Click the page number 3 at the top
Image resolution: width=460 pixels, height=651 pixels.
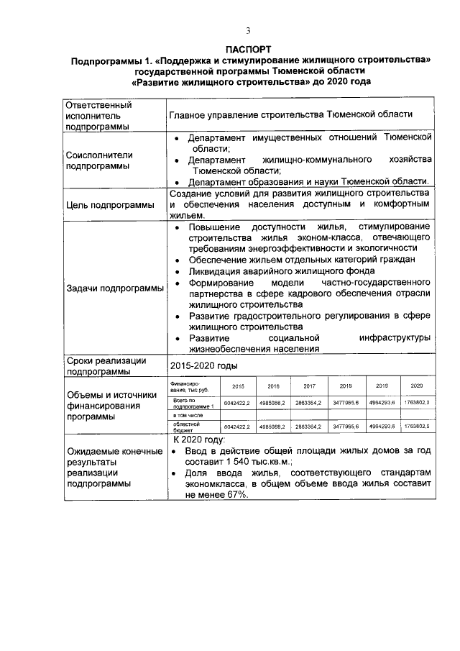click(x=248, y=30)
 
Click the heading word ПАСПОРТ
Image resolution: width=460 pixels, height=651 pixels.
click(x=248, y=50)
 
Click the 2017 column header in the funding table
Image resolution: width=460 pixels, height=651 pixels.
click(x=309, y=386)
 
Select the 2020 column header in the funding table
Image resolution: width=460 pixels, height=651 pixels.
click(x=416, y=386)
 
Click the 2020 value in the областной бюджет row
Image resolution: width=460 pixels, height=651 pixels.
click(x=416, y=427)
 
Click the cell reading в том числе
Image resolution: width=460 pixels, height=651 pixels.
click(x=188, y=415)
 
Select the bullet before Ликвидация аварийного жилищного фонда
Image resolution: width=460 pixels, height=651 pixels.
click(x=178, y=272)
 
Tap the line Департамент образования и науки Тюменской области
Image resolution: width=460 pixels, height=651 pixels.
click(x=309, y=181)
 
